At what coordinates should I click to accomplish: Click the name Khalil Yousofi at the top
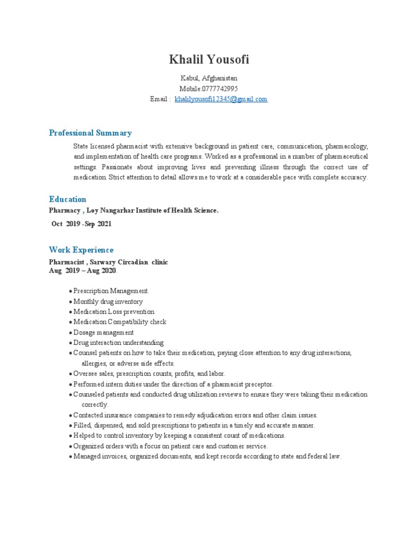pos(209,59)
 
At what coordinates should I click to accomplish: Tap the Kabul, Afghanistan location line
pos(209,78)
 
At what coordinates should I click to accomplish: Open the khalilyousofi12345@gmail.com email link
pos(221,99)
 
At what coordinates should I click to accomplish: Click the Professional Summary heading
pos(90,133)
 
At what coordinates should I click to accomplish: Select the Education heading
pos(67,199)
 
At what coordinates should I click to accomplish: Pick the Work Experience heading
pos(81,250)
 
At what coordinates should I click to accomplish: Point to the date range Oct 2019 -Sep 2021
pos(82,224)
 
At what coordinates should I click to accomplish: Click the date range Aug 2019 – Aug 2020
pos(82,270)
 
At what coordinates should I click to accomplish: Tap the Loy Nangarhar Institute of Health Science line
pos(134,210)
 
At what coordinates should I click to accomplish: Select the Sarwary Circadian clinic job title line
pos(108,262)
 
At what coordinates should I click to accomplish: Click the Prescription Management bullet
pos(111,291)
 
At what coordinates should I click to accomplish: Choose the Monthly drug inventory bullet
pos(108,301)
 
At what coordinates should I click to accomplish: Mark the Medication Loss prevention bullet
pos(114,312)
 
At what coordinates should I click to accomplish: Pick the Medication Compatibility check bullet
pos(120,322)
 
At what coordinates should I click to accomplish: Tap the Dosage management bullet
pos(103,332)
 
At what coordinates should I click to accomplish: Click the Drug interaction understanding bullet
pos(118,343)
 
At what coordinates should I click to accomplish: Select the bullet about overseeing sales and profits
pos(149,374)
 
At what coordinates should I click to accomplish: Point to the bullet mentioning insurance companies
pos(195,415)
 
